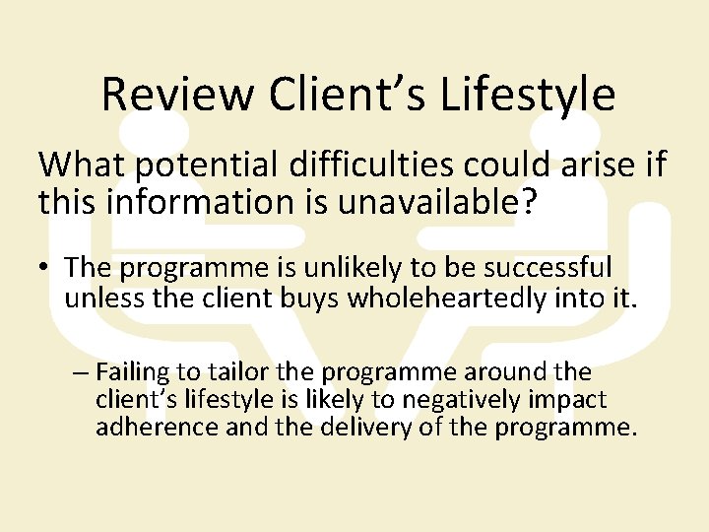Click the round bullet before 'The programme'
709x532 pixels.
(47, 268)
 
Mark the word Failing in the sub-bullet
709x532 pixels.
(129, 372)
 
